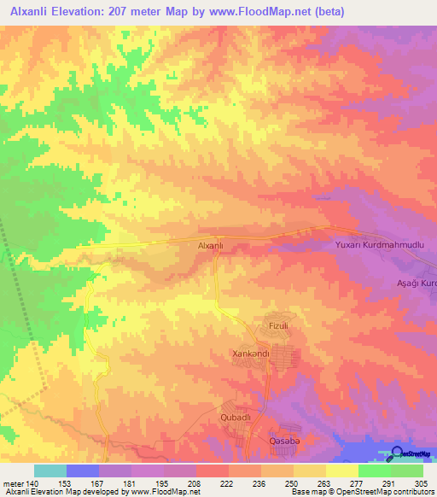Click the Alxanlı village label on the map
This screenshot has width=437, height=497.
pos(211,245)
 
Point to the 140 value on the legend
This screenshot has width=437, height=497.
pos(32,483)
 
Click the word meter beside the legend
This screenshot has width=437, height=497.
pos(12,483)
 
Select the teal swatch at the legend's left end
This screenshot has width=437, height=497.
pos(50,471)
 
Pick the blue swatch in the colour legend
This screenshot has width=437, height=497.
pos(83,471)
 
